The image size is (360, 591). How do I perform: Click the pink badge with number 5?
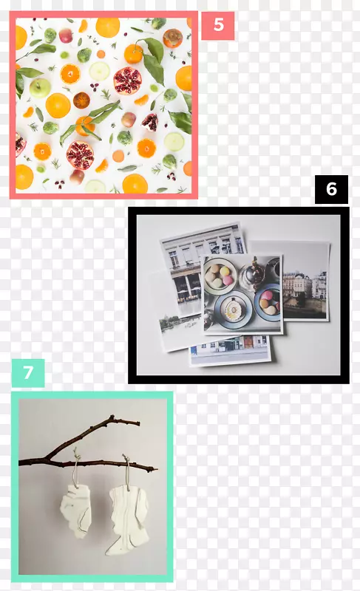click(x=217, y=25)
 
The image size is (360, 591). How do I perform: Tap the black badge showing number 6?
click(x=331, y=189)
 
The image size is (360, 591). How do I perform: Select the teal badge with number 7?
click(x=28, y=373)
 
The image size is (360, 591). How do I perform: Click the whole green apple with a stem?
click(x=40, y=87)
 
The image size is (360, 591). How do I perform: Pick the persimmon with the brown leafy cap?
click(x=173, y=38)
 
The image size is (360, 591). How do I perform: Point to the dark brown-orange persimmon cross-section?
click(x=81, y=100)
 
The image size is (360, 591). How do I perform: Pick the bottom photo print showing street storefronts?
click(x=230, y=349)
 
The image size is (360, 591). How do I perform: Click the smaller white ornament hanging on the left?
click(x=76, y=510)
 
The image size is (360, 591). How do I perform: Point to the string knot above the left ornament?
click(x=78, y=457)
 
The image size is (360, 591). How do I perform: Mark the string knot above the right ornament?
click(x=126, y=459)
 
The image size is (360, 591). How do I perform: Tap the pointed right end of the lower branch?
click(x=157, y=469)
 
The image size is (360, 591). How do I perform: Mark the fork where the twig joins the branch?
click(x=47, y=459)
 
